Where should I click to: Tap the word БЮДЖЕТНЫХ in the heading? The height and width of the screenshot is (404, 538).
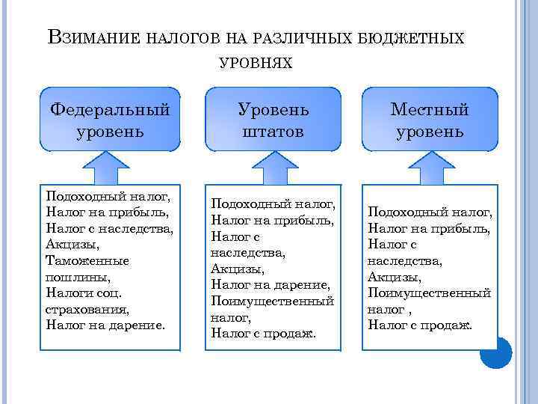[x=421, y=38]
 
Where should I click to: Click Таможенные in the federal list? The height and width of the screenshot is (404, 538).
[x=87, y=260]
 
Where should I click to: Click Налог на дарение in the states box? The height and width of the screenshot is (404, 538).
[x=270, y=284]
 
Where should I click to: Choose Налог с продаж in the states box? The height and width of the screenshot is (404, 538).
[x=263, y=333]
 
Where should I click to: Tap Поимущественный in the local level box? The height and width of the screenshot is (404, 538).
[x=429, y=293]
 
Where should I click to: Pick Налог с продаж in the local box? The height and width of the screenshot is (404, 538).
[x=420, y=325]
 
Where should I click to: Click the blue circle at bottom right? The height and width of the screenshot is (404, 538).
[x=495, y=354]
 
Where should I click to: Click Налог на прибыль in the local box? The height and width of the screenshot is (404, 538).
[x=429, y=228]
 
